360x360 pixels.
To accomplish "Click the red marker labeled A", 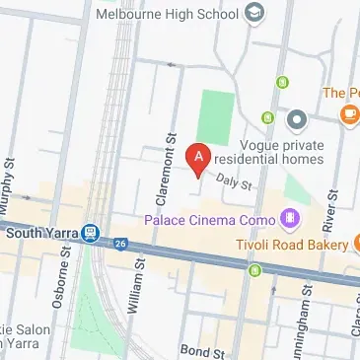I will [197, 159].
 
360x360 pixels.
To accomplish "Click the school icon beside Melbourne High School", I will [253, 13].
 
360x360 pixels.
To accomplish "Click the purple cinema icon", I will [290, 216].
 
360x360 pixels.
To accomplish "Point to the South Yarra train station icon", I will [91, 234].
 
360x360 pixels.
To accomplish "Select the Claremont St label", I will [171, 163].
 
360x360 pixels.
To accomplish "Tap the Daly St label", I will [235, 180].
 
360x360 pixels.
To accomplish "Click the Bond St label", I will [202, 351].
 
